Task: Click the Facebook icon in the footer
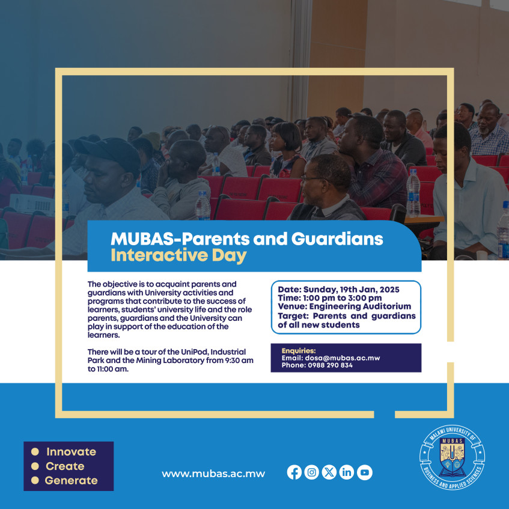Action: (294, 472)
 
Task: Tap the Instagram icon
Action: (311, 472)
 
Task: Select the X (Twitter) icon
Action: (329, 472)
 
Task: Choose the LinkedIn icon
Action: (347, 472)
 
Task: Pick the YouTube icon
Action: (364, 472)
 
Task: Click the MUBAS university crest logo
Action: (453, 455)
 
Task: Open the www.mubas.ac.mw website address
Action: (213, 474)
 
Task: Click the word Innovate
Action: (71, 452)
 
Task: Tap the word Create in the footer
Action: (65, 466)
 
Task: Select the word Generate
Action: (71, 480)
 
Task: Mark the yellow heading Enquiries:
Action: (298, 351)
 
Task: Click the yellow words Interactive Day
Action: (178, 255)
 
